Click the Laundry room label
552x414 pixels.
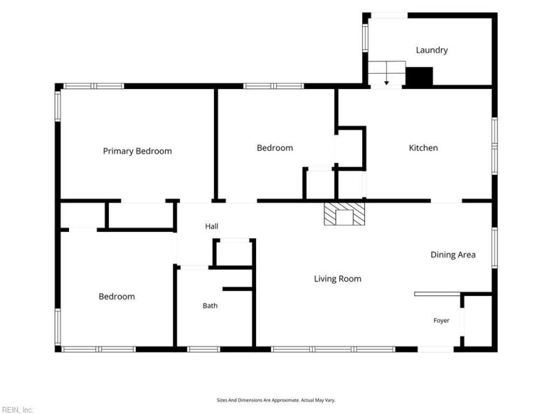point(432,50)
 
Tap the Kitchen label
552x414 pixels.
point(423,148)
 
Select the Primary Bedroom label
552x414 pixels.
point(137,151)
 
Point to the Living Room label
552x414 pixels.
point(337,279)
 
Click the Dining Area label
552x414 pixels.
point(453,255)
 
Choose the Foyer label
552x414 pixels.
point(441,320)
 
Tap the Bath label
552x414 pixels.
point(210,306)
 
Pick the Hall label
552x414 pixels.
point(212,226)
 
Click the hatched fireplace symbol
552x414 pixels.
point(344,214)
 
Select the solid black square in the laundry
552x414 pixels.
point(419,77)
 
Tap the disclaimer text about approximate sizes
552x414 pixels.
point(276,400)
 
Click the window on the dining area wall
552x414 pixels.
point(495,248)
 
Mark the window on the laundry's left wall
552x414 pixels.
point(365,38)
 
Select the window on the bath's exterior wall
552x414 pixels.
point(204,349)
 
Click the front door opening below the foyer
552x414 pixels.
point(435,349)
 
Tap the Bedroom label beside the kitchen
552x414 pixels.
point(275,148)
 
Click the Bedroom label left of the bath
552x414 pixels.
point(117,297)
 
